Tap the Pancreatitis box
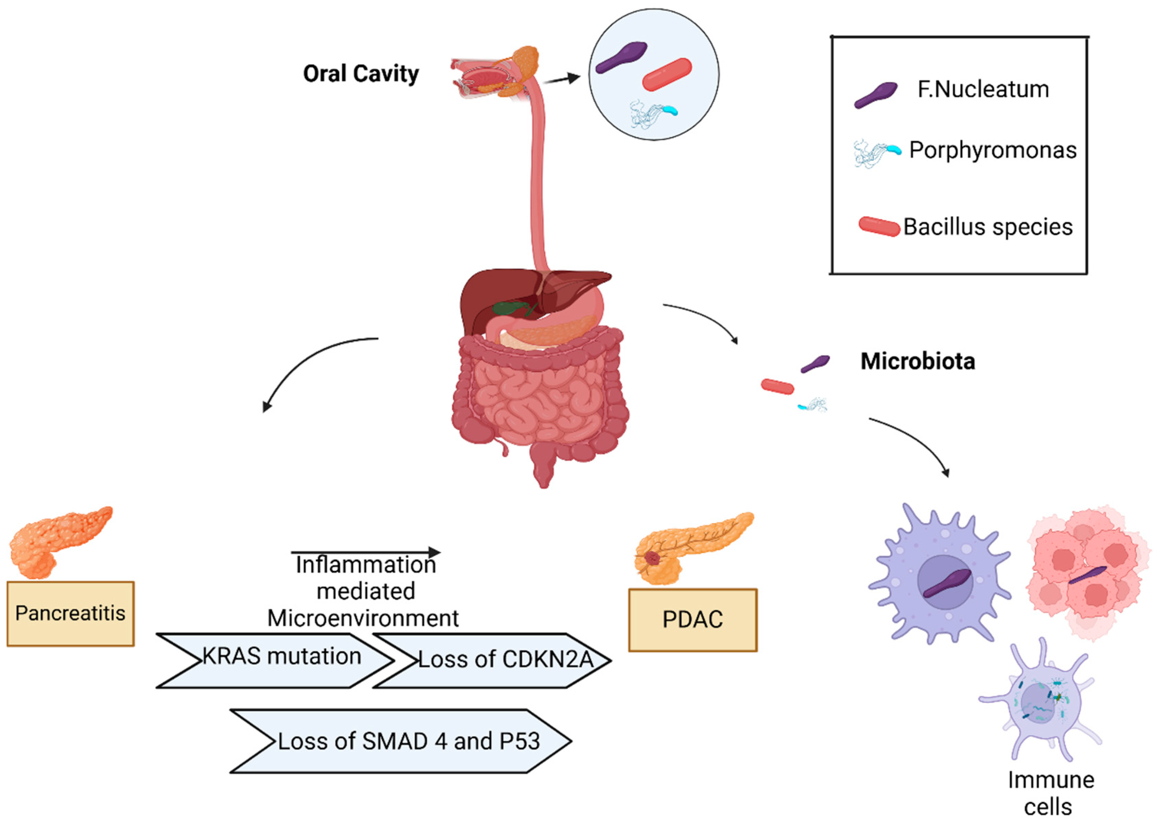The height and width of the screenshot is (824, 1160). tap(71, 614)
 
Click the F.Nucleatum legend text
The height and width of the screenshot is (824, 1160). tap(983, 90)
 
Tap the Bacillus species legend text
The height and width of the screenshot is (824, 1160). tap(988, 227)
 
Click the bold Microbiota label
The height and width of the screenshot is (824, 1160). tap(918, 361)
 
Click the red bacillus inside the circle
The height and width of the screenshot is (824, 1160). tap(667, 75)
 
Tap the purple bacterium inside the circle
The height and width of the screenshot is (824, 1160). tap(621, 57)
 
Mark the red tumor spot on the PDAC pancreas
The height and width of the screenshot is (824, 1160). tap(652, 559)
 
